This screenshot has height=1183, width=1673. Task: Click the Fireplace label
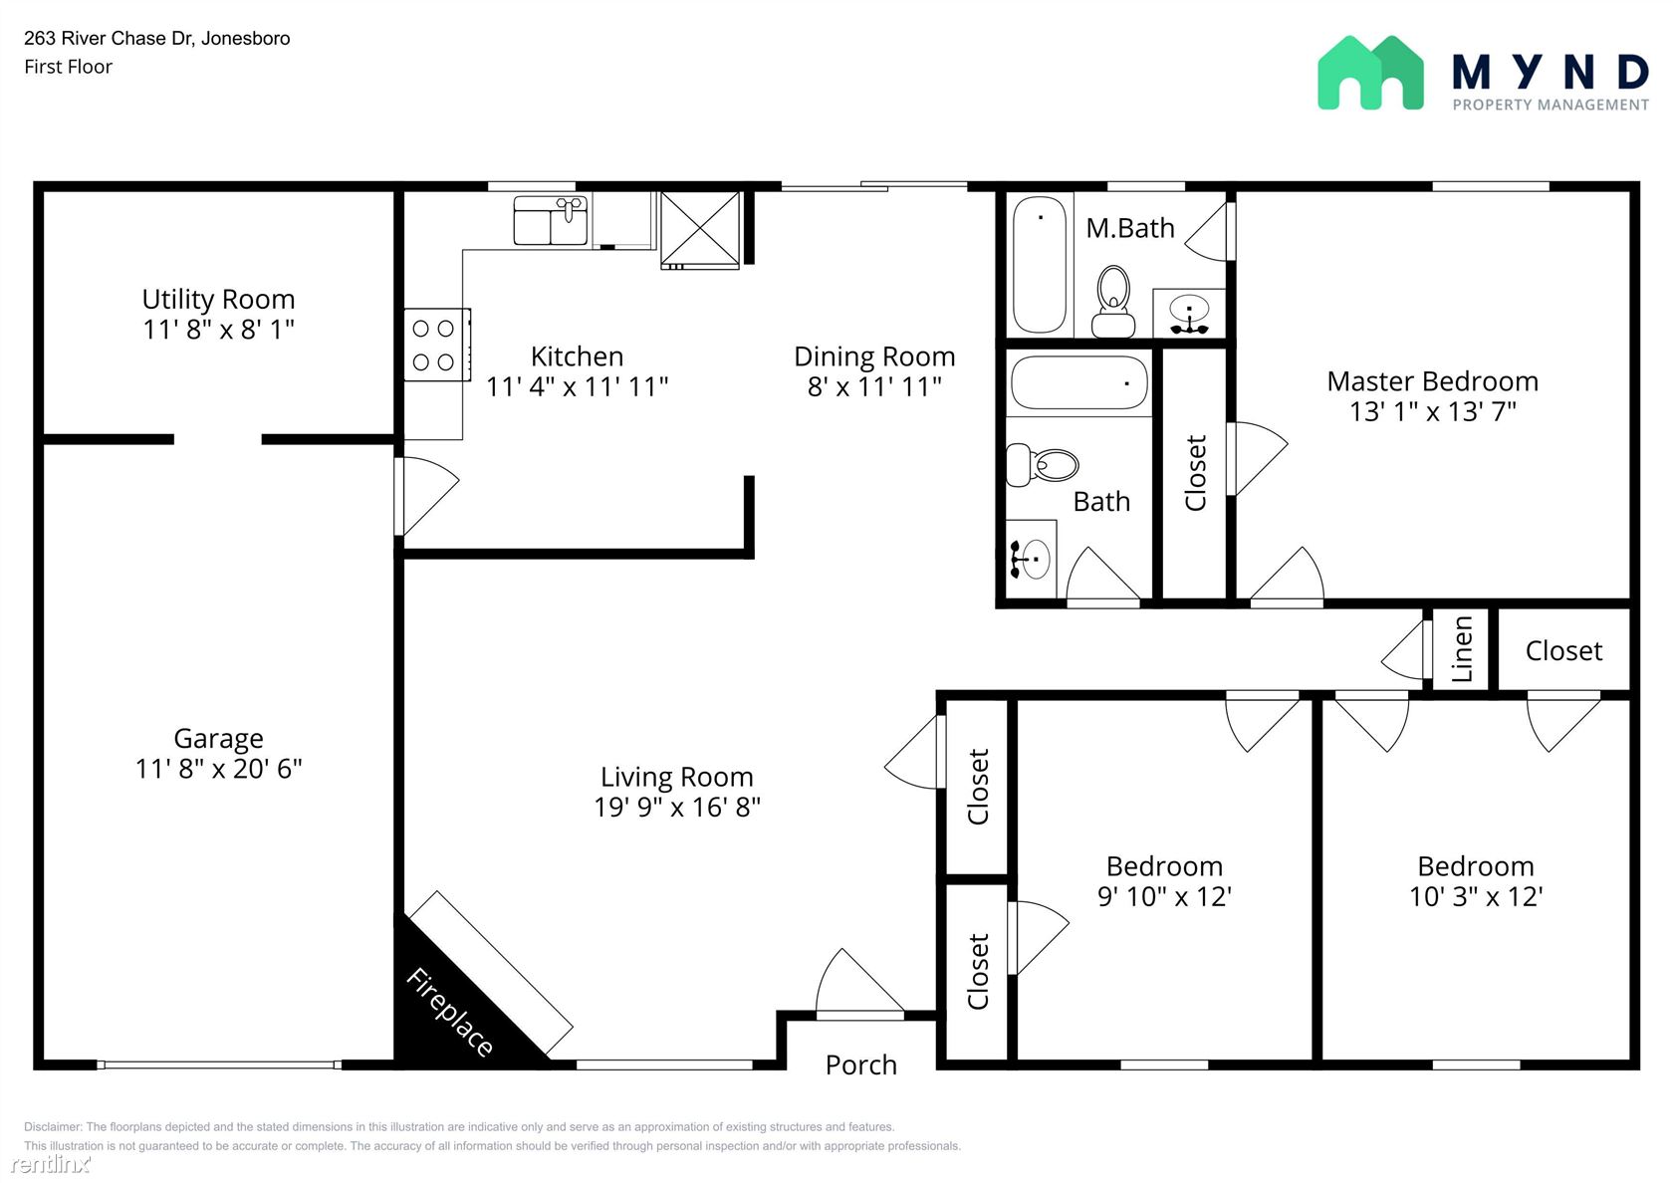[449, 1012]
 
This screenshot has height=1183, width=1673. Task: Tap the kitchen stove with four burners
[437, 345]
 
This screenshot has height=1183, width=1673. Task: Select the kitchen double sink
[551, 219]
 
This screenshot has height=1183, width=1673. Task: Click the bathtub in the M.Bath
[1040, 265]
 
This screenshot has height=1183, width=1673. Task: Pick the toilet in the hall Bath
[1042, 464]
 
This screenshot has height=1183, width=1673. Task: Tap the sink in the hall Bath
[1031, 559]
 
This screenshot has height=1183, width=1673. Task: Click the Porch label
[861, 1065]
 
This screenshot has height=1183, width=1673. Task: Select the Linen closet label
[1462, 649]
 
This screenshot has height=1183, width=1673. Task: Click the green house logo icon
[1370, 74]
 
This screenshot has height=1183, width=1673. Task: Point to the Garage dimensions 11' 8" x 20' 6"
[218, 769]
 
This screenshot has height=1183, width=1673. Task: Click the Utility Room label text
[218, 299]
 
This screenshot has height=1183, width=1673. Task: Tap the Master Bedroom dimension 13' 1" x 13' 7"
[1432, 411]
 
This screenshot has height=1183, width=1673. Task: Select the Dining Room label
[874, 356]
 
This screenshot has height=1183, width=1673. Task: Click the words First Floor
[68, 67]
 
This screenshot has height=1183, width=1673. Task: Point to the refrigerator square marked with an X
[700, 229]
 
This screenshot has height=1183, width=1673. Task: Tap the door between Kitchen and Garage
[426, 496]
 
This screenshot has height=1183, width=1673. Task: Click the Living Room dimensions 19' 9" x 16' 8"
[677, 808]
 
